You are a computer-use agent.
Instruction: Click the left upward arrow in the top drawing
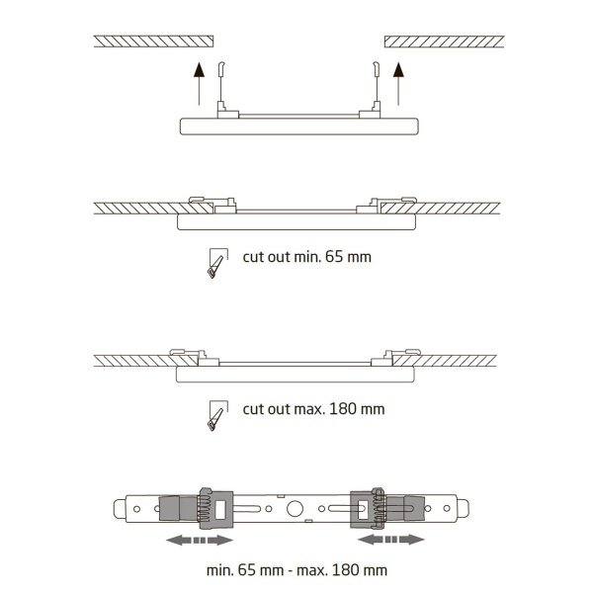[x=199, y=84]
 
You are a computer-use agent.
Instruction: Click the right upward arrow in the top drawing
[x=398, y=84]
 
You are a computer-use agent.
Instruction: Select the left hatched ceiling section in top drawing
[x=153, y=42]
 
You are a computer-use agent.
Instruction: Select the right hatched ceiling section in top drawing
[x=445, y=42]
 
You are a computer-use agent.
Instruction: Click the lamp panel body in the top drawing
[x=299, y=127]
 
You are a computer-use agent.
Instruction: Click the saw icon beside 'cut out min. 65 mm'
[x=217, y=263]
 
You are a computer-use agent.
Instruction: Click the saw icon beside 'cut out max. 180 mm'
[x=217, y=415]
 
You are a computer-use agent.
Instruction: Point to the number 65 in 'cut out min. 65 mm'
[x=334, y=257]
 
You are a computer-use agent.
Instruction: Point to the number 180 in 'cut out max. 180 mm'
[x=343, y=409]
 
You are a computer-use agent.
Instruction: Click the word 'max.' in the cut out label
[x=310, y=409]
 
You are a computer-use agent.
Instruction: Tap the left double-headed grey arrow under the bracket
[x=200, y=540]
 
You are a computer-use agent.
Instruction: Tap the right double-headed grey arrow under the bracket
[x=391, y=540]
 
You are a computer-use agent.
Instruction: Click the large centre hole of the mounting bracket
[x=295, y=509]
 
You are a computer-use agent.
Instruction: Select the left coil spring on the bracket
[x=205, y=509]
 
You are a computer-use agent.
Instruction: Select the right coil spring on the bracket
[x=380, y=509]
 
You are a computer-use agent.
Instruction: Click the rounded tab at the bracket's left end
[x=120, y=509]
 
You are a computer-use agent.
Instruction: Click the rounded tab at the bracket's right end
[x=464, y=509]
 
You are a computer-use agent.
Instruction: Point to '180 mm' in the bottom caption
[x=360, y=570]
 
